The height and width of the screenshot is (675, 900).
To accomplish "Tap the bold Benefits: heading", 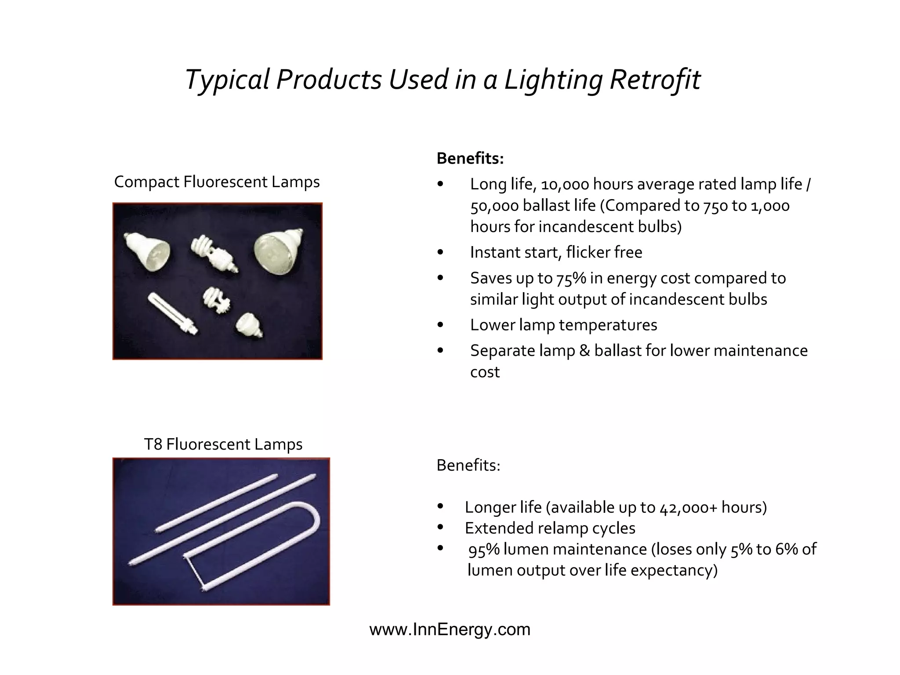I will pyautogui.click(x=470, y=158).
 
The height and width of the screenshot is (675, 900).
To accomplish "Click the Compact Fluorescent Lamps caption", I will pyautogui.click(x=217, y=181).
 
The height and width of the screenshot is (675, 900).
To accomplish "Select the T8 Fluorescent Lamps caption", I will pyautogui.click(x=223, y=444).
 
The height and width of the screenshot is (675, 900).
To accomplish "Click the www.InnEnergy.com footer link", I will pyautogui.click(x=450, y=629).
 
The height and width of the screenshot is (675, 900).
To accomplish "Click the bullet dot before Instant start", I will pyautogui.click(x=440, y=252).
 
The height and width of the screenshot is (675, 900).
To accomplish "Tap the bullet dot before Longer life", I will pyautogui.click(x=440, y=507).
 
